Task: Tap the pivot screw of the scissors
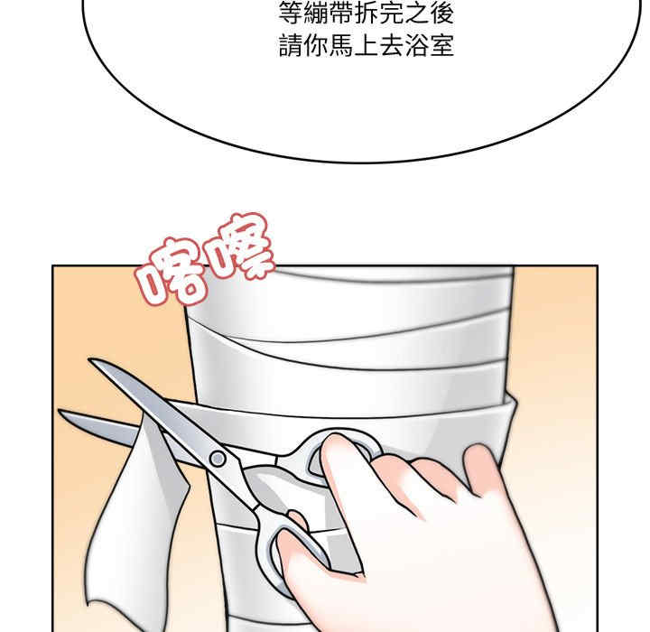218,458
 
